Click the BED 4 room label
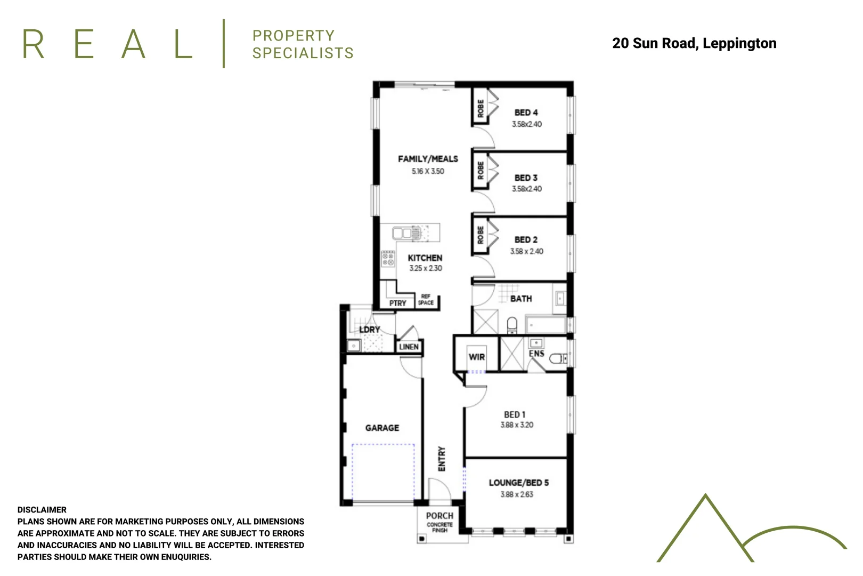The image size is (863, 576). coord(526,113)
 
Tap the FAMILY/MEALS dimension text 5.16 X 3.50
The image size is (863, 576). coord(427,171)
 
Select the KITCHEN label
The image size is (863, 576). coord(425,258)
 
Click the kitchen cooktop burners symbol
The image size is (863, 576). coord(388,259)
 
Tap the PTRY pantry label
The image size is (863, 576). coord(397,303)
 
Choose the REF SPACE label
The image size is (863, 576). coord(426,300)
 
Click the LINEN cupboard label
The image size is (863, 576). coord(409,347)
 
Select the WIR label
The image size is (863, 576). coord(476,357)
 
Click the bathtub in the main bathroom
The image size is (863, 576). coord(546,324)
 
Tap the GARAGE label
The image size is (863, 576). coord(382,428)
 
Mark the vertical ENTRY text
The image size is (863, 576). coord(442,459)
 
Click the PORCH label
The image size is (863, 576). coord(439,516)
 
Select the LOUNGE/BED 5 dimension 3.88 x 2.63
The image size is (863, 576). coord(516,494)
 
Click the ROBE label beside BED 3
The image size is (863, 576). coord(481,171)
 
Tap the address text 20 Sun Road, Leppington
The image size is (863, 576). coord(694,43)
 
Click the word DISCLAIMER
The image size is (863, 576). coord(42,510)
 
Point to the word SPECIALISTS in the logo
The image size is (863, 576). coord(303,53)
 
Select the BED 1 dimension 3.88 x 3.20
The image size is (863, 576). coord(516,425)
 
